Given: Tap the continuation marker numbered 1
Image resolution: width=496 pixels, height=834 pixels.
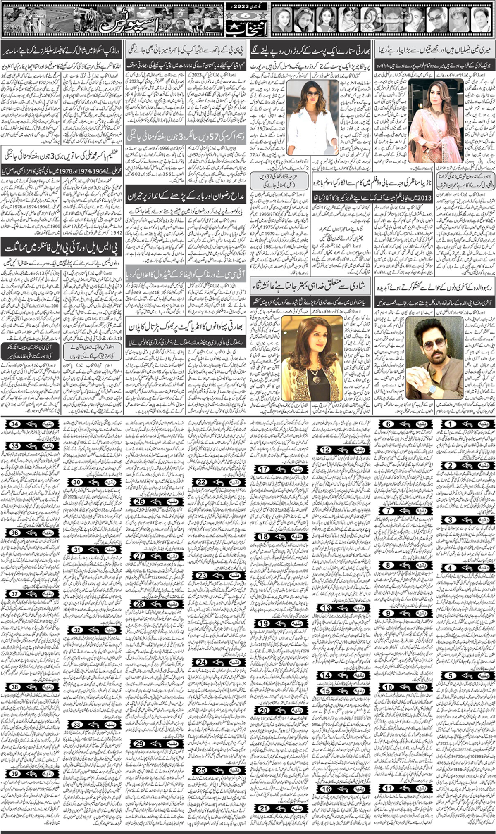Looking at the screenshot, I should click(x=467, y=424).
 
